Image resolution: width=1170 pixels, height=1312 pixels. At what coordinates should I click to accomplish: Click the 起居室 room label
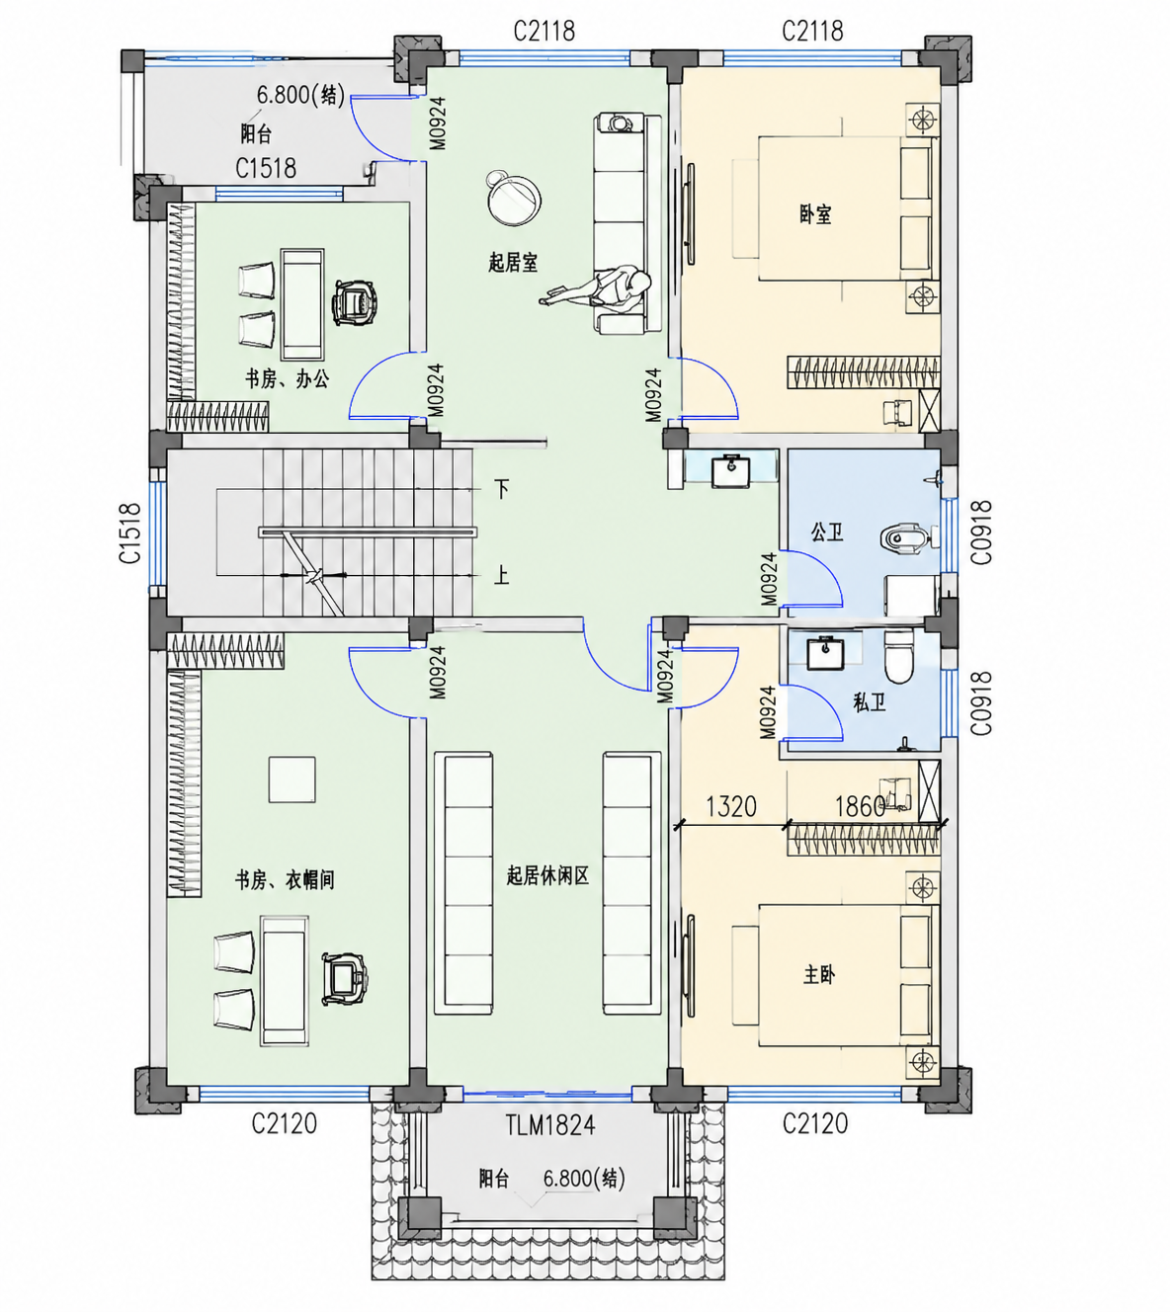tap(513, 263)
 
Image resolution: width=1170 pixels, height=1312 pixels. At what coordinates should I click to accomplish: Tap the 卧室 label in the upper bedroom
tap(815, 214)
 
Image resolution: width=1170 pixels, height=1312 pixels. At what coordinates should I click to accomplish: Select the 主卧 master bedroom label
tap(819, 974)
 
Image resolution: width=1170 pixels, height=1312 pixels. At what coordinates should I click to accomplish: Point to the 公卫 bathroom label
tap(827, 533)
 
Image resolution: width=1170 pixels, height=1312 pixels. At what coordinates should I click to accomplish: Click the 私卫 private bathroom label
tap(869, 702)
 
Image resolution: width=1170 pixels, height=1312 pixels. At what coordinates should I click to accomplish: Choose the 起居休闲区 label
tap(547, 876)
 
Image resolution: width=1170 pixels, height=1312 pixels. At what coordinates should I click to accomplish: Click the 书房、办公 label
tap(287, 378)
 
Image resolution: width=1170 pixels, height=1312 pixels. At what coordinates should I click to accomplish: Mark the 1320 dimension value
tap(731, 807)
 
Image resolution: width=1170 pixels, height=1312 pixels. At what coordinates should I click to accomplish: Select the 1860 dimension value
tap(860, 807)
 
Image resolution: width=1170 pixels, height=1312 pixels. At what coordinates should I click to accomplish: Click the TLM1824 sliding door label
tap(550, 1125)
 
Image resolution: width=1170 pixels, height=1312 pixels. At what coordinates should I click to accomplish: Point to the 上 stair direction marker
tap(501, 575)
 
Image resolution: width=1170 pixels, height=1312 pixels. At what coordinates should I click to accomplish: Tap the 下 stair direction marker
tap(502, 489)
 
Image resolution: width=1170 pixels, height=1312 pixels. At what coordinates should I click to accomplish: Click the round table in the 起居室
tap(514, 200)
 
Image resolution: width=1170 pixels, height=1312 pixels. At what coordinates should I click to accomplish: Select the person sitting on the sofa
tap(599, 288)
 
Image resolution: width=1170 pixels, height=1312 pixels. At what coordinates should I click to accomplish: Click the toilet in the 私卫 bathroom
tap(898, 655)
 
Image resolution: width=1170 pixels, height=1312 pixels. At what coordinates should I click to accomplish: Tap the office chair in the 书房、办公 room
tap(354, 301)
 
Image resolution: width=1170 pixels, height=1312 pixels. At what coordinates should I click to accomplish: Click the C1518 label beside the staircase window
tap(129, 533)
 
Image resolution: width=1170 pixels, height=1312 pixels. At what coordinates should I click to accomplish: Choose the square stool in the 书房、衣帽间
tap(292, 779)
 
